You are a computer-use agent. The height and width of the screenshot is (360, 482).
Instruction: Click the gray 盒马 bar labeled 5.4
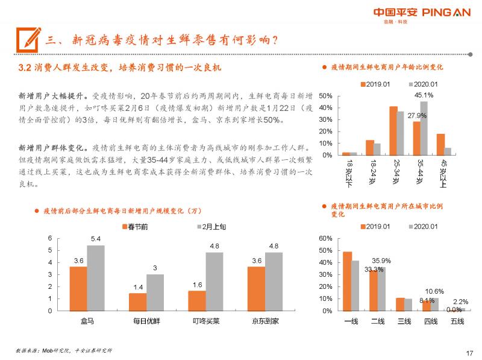[95, 277]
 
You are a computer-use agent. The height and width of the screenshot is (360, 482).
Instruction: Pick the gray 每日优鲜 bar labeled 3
[155, 292]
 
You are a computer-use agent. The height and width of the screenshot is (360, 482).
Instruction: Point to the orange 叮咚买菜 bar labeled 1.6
[197, 300]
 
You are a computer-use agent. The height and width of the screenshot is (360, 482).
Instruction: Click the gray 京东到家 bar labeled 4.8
[273, 281]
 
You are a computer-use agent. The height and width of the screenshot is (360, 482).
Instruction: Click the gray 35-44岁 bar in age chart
[424, 128]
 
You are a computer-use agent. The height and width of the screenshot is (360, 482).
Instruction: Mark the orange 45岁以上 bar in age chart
[440, 144]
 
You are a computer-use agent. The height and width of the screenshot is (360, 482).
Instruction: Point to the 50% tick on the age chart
[325, 96]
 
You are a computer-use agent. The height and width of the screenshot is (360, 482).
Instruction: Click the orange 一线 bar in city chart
[347, 281]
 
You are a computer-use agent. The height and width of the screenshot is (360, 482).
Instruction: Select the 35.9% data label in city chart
[381, 261]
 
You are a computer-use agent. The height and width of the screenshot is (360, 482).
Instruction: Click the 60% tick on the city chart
[325, 239]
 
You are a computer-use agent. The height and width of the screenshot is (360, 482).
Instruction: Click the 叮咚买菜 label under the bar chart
[205, 321]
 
